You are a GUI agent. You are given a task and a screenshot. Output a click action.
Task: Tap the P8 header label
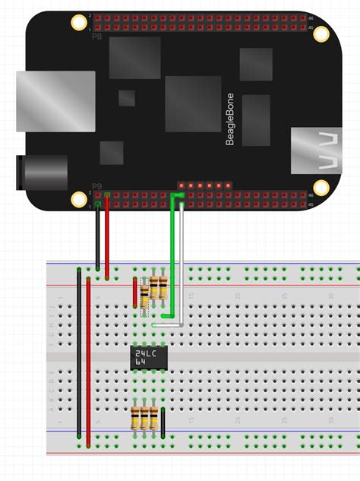pyautogui.click(x=96, y=35)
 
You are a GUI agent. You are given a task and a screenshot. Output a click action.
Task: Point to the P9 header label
pyautogui.click(x=96, y=185)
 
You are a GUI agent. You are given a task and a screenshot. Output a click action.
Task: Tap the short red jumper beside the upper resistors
pyautogui.click(x=135, y=290)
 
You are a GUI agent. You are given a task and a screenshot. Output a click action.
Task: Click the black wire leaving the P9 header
pyautogui.click(x=97, y=236)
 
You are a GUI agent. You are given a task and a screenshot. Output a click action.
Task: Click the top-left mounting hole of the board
pyautogui.click(x=78, y=24)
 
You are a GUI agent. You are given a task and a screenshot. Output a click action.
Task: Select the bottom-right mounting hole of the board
pyautogui.click(x=321, y=188)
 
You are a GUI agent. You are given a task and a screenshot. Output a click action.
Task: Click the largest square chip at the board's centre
pyautogui.click(x=193, y=103)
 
